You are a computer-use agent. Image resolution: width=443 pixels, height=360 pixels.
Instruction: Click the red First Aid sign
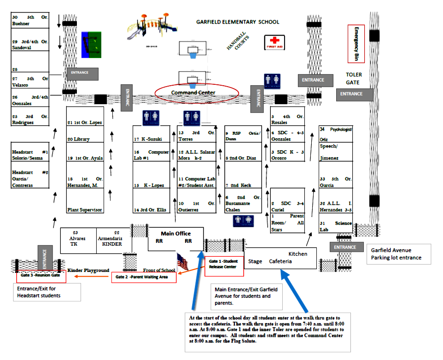click(x=274, y=42)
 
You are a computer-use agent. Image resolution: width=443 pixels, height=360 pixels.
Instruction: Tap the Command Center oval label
click(x=197, y=93)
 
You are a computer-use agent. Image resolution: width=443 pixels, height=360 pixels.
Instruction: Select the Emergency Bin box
click(x=356, y=44)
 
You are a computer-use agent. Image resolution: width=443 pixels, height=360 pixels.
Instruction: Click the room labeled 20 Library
click(x=85, y=139)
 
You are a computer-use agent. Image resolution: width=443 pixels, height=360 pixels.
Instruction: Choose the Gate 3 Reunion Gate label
click(x=41, y=275)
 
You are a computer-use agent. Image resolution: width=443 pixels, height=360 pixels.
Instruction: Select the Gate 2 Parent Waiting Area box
click(x=144, y=277)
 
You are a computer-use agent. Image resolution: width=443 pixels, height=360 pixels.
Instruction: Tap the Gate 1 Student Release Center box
click(x=223, y=264)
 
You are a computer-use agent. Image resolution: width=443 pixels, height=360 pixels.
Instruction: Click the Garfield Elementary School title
click(x=237, y=22)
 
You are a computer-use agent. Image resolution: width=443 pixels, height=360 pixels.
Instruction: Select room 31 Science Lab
click(x=336, y=226)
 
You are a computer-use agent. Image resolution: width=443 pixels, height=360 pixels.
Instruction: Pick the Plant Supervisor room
click(x=85, y=210)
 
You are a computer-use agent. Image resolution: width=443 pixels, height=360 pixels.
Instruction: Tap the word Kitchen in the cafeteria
click(x=298, y=254)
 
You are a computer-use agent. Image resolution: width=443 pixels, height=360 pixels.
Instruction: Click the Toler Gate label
click(x=354, y=78)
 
